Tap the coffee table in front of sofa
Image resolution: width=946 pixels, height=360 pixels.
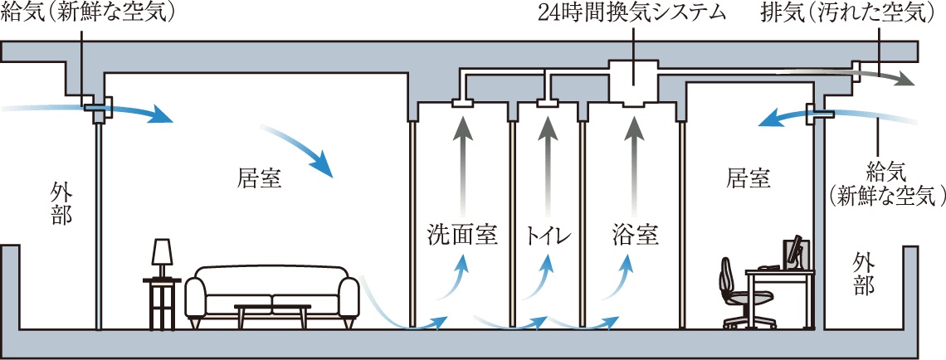click(x=272, y=313)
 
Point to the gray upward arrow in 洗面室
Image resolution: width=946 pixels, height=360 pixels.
click(x=461, y=158)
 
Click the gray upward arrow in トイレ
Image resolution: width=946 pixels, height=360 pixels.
click(x=547, y=158)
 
